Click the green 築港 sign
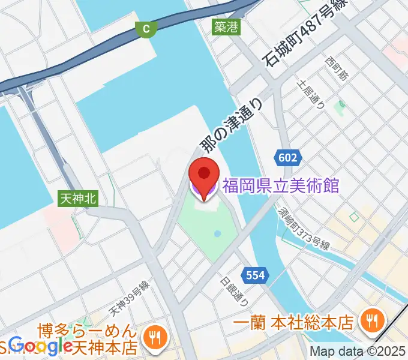click(x=226, y=27)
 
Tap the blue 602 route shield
click(x=287, y=157)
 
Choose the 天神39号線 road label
click(x=129, y=301)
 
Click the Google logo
click(x=42, y=346)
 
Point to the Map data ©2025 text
click(x=358, y=352)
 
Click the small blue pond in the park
click(x=217, y=233)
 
